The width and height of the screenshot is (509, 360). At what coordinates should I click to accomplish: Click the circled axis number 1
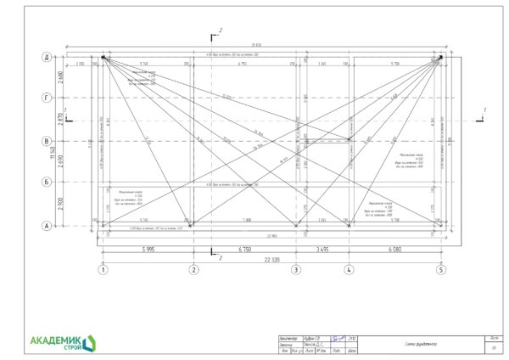(103, 270)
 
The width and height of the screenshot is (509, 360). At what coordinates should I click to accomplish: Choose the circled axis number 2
(193, 270)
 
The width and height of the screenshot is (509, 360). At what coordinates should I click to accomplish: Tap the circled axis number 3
(295, 270)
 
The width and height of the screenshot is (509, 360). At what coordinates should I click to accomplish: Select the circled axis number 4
(348, 270)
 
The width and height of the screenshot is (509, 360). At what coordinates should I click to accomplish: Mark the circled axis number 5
(440, 270)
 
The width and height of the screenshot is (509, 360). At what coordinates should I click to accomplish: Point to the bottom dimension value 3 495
(322, 250)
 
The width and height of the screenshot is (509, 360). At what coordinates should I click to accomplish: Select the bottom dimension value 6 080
(394, 250)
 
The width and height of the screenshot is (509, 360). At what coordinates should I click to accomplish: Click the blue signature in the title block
(338, 337)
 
